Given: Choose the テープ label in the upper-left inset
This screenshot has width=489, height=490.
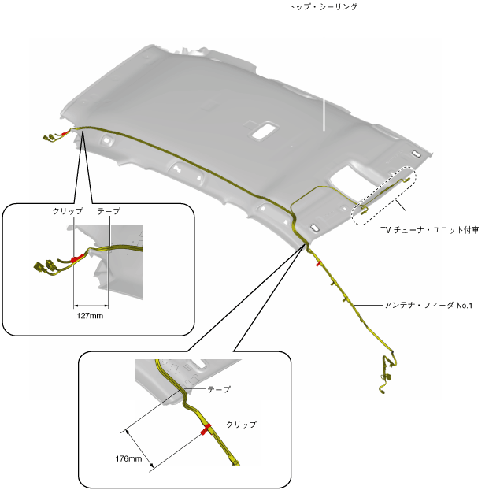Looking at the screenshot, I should (x=108, y=212).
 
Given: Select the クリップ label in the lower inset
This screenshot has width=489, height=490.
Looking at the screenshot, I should (x=242, y=424).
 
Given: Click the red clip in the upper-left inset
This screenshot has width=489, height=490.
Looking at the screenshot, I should (x=77, y=258).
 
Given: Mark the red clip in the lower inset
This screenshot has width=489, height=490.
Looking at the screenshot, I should (x=206, y=429).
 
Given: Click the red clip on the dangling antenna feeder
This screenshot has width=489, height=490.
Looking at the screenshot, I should (x=317, y=263).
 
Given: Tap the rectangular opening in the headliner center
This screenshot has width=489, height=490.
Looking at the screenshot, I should (x=263, y=130).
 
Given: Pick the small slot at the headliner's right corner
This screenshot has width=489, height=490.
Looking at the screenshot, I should (x=415, y=154).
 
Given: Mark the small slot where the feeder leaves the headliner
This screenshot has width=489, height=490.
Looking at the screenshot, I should (x=315, y=228).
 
